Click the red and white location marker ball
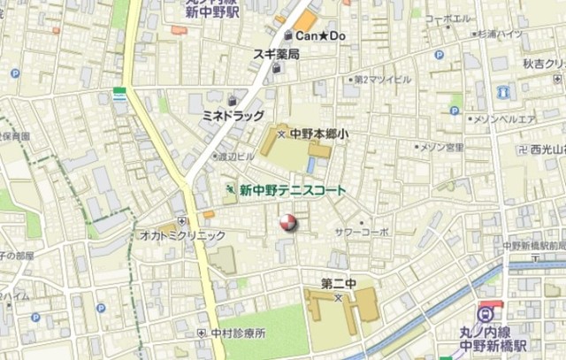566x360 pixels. point(288,223)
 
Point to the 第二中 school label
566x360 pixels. point(338,284)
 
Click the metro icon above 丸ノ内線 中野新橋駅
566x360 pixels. point(486,313)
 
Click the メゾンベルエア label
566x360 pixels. point(506,119)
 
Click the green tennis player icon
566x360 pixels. point(230,189)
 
